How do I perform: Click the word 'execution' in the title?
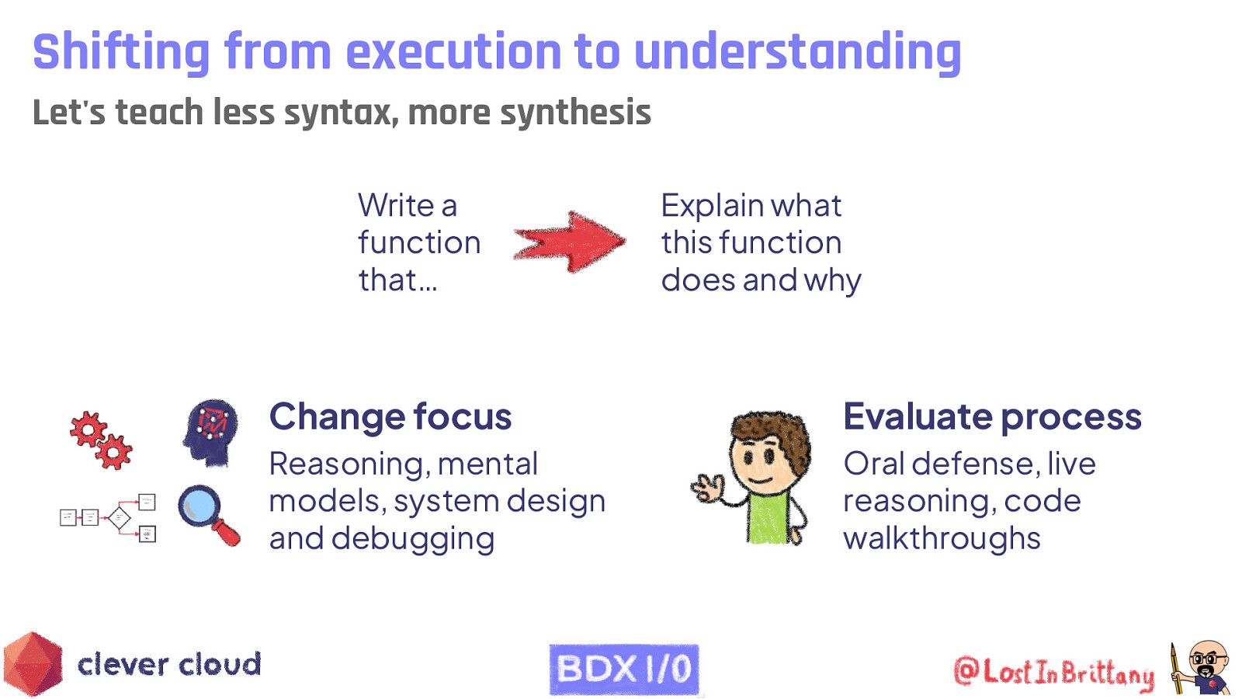tap(453, 52)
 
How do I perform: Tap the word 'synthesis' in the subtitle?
tap(575, 113)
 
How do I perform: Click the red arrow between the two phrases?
tap(571, 242)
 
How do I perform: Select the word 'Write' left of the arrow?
tap(396, 206)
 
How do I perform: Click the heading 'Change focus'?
tap(390, 417)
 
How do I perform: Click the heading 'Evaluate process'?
tap(991, 417)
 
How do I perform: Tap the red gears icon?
tap(101, 440)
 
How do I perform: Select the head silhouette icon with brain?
tap(210, 432)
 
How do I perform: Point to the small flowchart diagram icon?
tap(109, 516)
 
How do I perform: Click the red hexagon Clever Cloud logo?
tap(33, 665)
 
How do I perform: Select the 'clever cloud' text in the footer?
tap(169, 665)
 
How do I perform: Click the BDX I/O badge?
tap(624, 669)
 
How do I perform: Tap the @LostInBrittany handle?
tap(1054, 672)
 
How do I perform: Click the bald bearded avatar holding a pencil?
tap(1203, 668)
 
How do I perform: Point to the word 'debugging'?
tap(412, 539)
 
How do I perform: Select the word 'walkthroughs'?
tap(942, 539)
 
